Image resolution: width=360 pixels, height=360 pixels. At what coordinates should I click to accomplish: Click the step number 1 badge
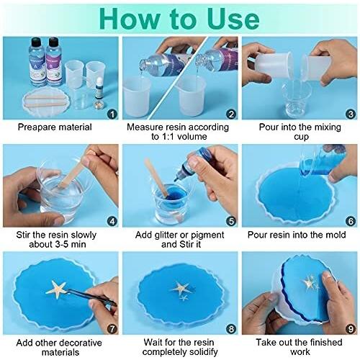coord(112,114)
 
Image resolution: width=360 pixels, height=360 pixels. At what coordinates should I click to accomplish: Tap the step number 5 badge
coord(231,221)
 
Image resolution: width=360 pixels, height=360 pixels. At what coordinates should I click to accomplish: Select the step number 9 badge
coord(351,329)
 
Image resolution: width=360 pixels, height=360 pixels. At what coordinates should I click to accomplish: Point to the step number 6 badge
coord(351,221)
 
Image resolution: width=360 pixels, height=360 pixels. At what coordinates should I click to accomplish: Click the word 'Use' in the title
coord(233,19)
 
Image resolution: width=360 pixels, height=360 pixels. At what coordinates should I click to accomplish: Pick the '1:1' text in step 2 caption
coord(166,137)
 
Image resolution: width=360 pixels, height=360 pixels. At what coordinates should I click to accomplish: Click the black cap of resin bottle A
coord(37,42)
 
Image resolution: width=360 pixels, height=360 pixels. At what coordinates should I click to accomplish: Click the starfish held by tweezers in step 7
coord(57,289)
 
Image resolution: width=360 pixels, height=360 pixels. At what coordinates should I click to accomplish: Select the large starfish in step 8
coord(180,287)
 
